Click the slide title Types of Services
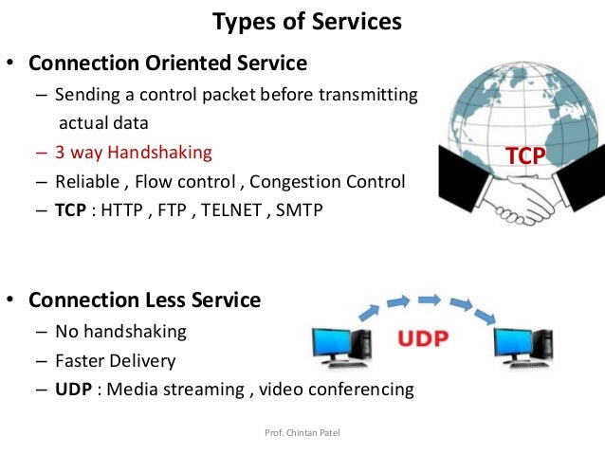pos(305,21)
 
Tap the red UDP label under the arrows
pos(422,338)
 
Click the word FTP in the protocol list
pos(177,210)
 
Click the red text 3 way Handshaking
pos(134,152)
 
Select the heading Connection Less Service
pos(144,300)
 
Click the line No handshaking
pos(120,332)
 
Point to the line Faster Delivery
pos(115,360)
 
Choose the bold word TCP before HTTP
pos(71,210)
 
